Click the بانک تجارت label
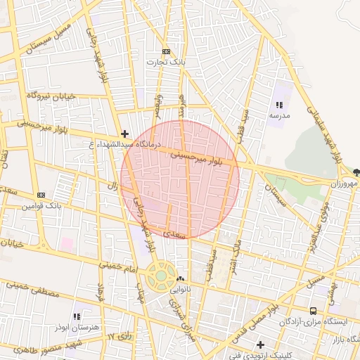[165, 62]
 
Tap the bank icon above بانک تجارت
[166, 51]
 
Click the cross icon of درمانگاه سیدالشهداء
[124, 133]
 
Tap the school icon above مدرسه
[279, 104]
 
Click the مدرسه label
[279, 115]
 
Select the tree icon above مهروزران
[356, 172]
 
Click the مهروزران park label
[346, 184]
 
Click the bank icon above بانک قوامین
[41, 195]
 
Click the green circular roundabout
[162, 276]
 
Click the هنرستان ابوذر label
[75, 328]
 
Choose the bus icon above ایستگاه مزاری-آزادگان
[314, 311]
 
